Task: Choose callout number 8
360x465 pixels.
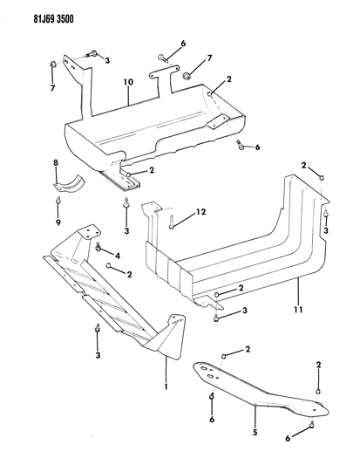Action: pyautogui.click(x=56, y=164)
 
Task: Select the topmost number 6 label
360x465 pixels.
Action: pyautogui.click(x=182, y=43)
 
